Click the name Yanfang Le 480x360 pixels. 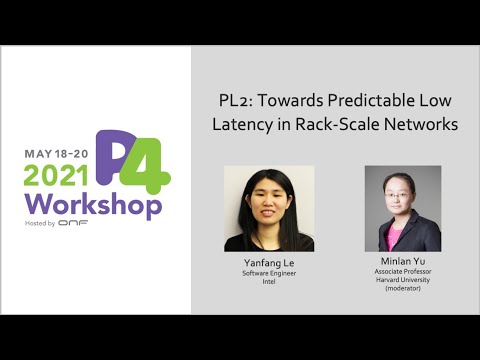click(269, 262)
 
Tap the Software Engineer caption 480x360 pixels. click(269, 272)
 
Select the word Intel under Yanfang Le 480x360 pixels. click(269, 281)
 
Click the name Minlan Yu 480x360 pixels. click(403, 262)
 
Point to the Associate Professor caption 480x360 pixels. click(403, 272)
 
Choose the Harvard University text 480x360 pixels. click(403, 281)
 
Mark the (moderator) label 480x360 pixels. click(403, 290)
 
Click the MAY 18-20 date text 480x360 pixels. click(56, 156)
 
